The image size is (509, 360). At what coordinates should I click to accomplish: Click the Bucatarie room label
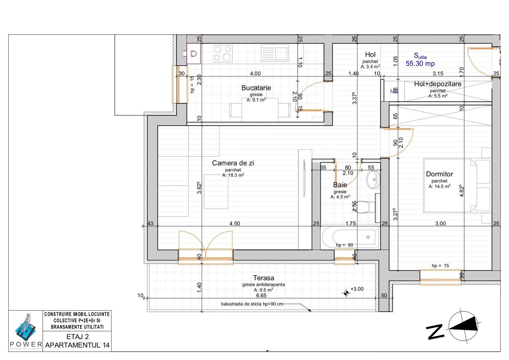(256, 88)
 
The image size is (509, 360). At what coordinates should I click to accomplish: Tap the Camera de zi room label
(233, 163)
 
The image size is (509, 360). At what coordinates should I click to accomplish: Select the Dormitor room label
(439, 174)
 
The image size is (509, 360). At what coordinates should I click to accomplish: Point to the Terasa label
(264, 278)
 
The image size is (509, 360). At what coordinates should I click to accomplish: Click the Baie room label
(340, 185)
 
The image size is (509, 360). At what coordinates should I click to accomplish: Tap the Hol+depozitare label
(438, 84)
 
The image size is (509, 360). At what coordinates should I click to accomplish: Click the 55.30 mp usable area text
(420, 63)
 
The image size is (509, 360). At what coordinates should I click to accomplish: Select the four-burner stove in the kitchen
(222, 53)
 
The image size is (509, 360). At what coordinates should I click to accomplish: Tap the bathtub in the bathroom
(350, 237)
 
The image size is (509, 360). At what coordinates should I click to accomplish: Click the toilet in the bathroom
(366, 207)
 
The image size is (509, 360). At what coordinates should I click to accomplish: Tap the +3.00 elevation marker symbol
(346, 293)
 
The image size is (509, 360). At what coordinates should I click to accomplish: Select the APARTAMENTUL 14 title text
(77, 345)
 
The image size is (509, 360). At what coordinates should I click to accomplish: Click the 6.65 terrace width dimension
(261, 295)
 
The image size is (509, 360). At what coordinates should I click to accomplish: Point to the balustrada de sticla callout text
(252, 304)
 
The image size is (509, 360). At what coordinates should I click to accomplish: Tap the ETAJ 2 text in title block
(77, 337)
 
